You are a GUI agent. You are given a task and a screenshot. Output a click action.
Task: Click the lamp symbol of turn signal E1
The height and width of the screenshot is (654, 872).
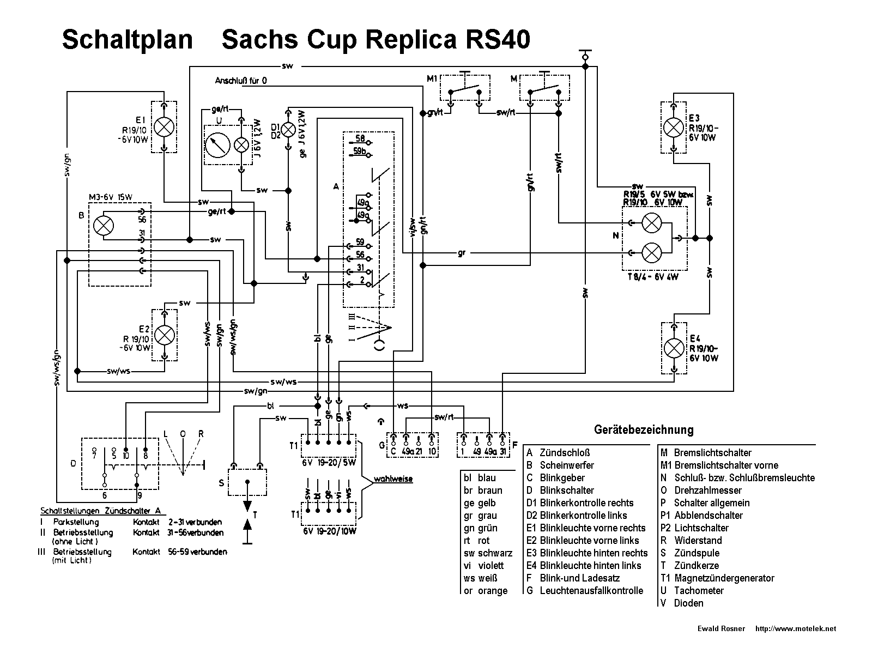tap(164, 127)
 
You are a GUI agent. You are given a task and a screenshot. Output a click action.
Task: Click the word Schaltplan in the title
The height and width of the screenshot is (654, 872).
tap(128, 40)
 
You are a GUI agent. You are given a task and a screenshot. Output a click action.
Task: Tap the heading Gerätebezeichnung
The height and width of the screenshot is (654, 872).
tap(644, 429)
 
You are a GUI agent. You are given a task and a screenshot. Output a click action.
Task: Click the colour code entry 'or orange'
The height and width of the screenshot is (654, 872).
tap(486, 591)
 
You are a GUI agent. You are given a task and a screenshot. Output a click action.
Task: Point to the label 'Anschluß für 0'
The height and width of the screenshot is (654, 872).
tap(241, 81)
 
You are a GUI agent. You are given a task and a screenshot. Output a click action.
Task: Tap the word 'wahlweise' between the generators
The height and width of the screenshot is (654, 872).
tap(393, 480)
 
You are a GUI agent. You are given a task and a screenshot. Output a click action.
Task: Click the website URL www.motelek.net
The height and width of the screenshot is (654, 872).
tap(795, 629)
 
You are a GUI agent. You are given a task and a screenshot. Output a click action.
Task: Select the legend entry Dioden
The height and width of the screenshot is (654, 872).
tap(688, 603)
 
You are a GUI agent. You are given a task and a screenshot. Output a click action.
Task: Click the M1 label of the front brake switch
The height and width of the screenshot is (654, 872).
tap(432, 79)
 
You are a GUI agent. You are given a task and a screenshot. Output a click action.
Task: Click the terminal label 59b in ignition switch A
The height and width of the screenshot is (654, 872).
tap(360, 152)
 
